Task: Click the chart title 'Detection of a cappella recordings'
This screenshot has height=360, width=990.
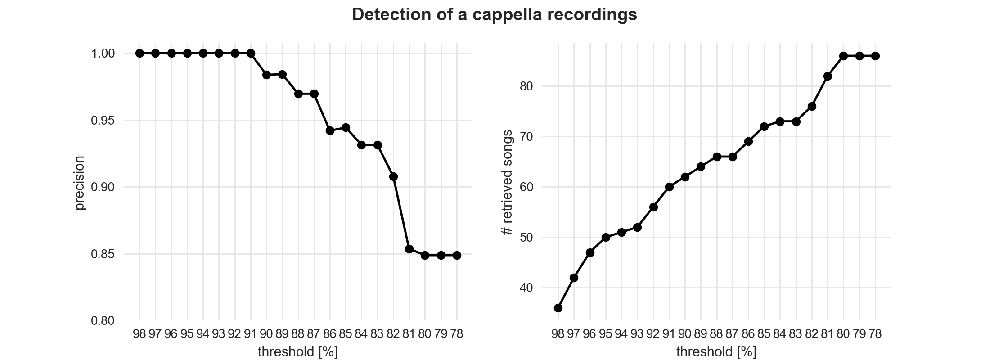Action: point(495,15)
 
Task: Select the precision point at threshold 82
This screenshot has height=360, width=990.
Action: point(393,176)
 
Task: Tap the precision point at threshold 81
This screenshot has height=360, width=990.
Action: point(409,249)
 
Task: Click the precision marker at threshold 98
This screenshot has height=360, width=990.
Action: point(139,53)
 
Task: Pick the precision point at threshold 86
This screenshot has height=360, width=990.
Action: point(330,130)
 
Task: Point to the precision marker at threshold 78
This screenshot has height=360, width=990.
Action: point(457,255)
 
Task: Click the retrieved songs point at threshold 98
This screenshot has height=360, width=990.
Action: point(558,308)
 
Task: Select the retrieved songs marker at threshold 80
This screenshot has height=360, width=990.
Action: point(844,56)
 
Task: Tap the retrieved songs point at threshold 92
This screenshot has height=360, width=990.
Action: point(653,207)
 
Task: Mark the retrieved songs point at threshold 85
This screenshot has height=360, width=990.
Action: point(764,126)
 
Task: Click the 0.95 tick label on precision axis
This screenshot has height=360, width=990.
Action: point(103,121)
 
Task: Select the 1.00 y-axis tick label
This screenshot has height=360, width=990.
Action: point(103,54)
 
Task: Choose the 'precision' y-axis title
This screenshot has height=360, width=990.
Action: point(80,182)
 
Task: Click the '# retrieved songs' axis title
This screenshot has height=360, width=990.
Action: point(507,182)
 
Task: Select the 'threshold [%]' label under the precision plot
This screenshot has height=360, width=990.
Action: point(298,351)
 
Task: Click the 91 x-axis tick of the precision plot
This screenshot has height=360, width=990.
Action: point(251,334)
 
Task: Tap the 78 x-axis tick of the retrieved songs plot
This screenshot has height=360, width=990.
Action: point(875,334)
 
